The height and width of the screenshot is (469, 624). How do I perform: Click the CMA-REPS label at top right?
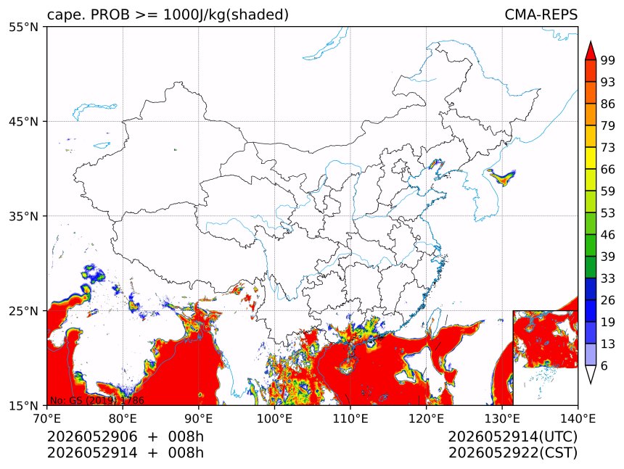point(541,14)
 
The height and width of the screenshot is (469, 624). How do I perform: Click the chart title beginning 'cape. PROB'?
point(168,14)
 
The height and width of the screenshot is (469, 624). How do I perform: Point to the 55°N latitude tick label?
point(23,27)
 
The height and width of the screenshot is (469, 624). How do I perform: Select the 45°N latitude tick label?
point(23,121)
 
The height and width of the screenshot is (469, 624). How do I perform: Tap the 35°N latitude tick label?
point(23,216)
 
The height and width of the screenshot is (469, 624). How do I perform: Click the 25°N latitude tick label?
point(23,311)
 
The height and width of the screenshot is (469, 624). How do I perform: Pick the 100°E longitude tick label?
point(274,418)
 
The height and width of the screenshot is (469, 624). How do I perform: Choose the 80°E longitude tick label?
point(123,418)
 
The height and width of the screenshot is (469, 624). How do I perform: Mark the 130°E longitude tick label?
point(502,418)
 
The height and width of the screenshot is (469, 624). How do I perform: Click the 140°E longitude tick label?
point(578,418)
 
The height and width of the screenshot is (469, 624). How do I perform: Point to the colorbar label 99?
point(608,60)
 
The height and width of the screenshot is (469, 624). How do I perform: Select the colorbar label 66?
point(608,170)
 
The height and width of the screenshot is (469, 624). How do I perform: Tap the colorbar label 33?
point(608,278)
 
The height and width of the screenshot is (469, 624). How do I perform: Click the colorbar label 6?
point(604,365)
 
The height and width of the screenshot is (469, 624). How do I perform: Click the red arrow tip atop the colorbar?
point(591,41)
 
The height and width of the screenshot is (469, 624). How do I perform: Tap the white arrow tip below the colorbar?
point(591,383)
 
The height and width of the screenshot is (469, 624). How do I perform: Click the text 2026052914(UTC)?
point(512,437)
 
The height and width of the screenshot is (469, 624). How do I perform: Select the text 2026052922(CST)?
point(512,453)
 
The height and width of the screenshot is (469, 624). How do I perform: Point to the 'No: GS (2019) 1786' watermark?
point(97,400)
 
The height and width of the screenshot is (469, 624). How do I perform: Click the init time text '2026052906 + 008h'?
point(126,436)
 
